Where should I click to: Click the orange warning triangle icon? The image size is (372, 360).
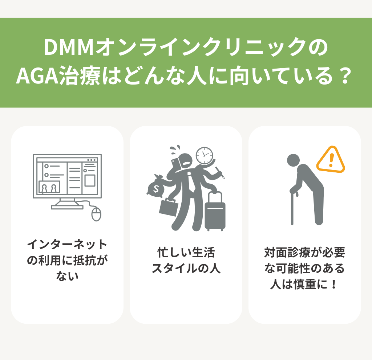331,159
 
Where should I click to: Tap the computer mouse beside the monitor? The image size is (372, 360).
96,214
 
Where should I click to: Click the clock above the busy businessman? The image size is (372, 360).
204,155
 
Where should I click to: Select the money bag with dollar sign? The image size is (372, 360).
155,187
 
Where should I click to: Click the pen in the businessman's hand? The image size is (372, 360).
220,173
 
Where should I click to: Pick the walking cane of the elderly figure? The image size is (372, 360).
294,206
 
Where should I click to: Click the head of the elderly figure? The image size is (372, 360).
294,161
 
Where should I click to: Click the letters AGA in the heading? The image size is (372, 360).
38,76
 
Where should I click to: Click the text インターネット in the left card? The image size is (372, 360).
67,244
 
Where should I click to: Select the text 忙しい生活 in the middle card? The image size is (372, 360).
186,252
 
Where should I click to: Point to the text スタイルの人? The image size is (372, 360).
186,268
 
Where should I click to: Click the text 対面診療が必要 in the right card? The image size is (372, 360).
305,252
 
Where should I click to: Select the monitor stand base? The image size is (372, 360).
67,207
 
